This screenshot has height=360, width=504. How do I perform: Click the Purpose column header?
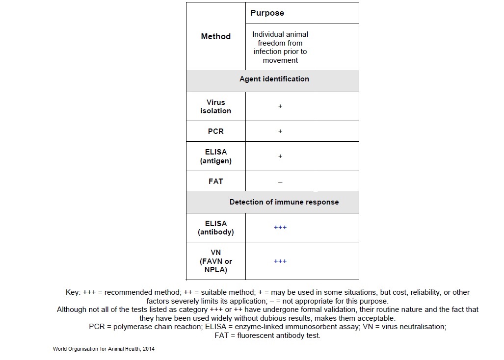click(x=267, y=13)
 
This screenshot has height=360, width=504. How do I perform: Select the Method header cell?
click(x=215, y=36)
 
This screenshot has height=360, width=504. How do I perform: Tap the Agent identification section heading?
click(x=274, y=79)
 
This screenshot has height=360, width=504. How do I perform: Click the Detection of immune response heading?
click(x=284, y=202)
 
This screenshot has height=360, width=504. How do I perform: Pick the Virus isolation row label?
click(x=215, y=106)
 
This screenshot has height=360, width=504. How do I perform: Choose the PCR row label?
click(x=215, y=131)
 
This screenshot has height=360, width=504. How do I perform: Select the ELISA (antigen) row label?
click(x=215, y=156)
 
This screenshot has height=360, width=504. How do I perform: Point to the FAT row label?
click(x=215, y=181)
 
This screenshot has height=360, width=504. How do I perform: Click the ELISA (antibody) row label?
click(x=215, y=228)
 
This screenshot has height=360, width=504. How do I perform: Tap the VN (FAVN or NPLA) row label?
click(x=215, y=261)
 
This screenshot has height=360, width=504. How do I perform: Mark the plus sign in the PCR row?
click(x=280, y=131)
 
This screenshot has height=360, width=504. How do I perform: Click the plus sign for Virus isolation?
click(x=280, y=106)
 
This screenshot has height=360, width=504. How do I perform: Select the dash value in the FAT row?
click(x=280, y=182)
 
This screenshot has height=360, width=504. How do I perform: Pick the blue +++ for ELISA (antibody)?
click(x=280, y=228)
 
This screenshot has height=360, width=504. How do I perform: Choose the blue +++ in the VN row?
click(x=280, y=261)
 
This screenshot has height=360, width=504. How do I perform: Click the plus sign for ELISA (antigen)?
click(x=280, y=156)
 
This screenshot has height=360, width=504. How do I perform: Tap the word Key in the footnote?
click(x=73, y=292)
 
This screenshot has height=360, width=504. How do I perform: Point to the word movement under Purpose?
click(x=280, y=61)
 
